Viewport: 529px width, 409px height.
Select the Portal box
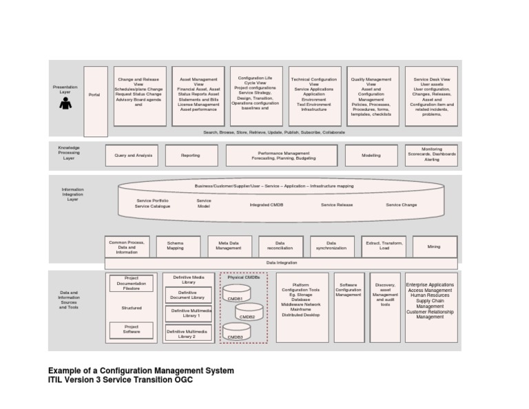click(95, 95)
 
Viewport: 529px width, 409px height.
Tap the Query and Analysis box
click(133, 156)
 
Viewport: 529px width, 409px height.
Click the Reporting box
click(190, 156)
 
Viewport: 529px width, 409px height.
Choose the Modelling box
click(371, 156)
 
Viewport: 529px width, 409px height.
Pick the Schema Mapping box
click(175, 247)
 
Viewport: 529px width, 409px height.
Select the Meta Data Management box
click(229, 247)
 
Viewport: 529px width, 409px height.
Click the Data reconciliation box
click(280, 247)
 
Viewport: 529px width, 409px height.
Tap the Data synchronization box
click(331, 247)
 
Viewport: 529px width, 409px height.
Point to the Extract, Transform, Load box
click(383, 247)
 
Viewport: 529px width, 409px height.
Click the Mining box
click(433, 247)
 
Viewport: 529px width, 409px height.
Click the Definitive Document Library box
click(188, 295)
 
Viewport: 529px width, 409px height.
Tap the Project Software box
click(131, 329)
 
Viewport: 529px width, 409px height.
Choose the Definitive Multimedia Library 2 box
click(188, 334)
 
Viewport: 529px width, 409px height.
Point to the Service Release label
click(337, 204)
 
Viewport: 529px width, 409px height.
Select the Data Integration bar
click(282, 263)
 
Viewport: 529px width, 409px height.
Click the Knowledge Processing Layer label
click(69, 152)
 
